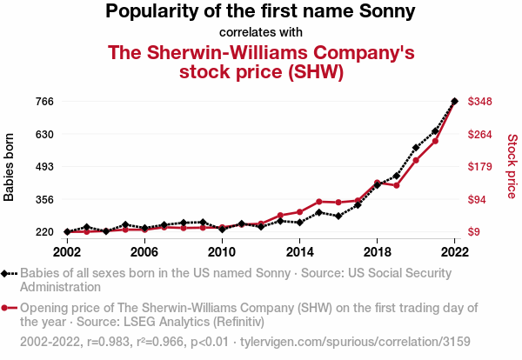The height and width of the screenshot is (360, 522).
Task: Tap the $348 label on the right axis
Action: coord(480,102)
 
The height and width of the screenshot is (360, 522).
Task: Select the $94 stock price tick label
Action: coord(478,200)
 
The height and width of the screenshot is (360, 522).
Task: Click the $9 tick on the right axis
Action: coord(475,232)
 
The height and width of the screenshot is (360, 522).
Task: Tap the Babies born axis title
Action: coord(10,167)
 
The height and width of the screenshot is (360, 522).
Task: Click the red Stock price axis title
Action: coord(512,165)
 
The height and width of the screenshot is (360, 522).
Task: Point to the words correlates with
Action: coord(261,32)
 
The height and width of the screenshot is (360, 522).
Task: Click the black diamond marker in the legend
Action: coord(8,273)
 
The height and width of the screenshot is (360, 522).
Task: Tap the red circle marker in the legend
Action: coord(8,308)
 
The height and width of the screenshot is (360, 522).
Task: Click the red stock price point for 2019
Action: coord(396,185)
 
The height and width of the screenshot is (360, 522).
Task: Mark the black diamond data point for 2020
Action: coord(416,149)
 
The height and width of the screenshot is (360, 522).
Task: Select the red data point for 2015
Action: coord(319,202)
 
